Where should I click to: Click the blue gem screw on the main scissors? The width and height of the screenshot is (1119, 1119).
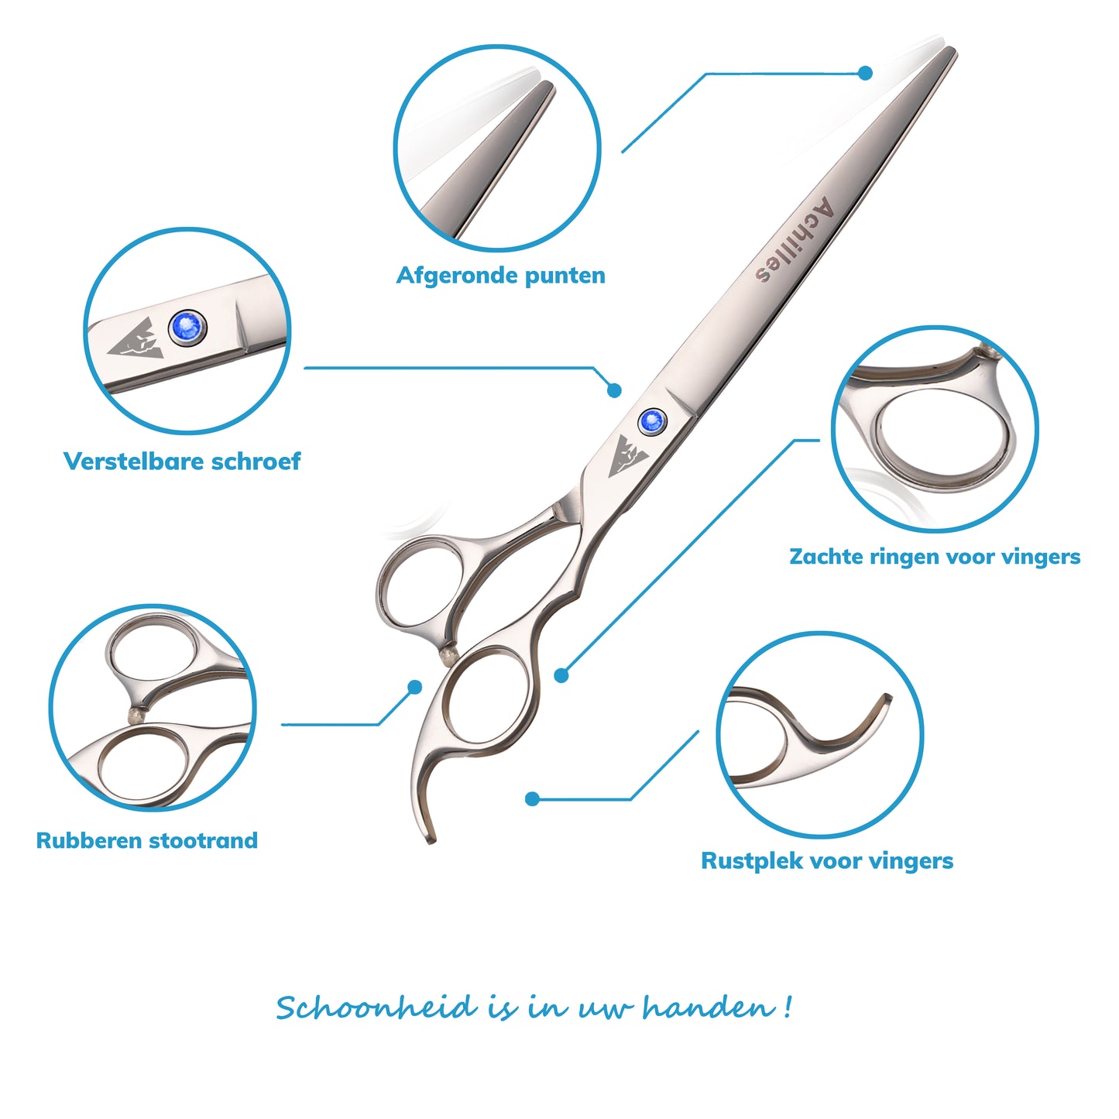click(651, 420)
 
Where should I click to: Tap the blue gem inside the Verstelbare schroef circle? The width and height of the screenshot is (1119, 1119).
click(187, 328)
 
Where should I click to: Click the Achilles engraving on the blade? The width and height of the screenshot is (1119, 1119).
click(795, 240)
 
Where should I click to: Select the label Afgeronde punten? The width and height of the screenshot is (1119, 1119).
click(500, 275)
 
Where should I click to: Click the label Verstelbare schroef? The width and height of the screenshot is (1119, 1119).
click(182, 461)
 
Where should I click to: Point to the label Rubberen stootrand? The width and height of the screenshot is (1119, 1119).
click(147, 840)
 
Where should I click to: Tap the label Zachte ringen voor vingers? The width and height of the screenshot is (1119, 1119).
click(935, 556)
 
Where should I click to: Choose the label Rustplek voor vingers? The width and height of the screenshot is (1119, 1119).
click(827, 860)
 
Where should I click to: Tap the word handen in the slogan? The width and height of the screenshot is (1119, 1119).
click(708, 1007)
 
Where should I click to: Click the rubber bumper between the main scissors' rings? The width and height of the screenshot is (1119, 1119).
click(448, 657)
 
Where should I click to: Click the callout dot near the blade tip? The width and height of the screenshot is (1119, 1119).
click(865, 73)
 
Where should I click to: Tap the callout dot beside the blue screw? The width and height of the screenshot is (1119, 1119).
click(614, 390)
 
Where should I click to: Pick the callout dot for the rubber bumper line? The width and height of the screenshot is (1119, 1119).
click(414, 687)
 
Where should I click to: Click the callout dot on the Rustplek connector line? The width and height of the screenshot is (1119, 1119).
click(532, 799)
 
